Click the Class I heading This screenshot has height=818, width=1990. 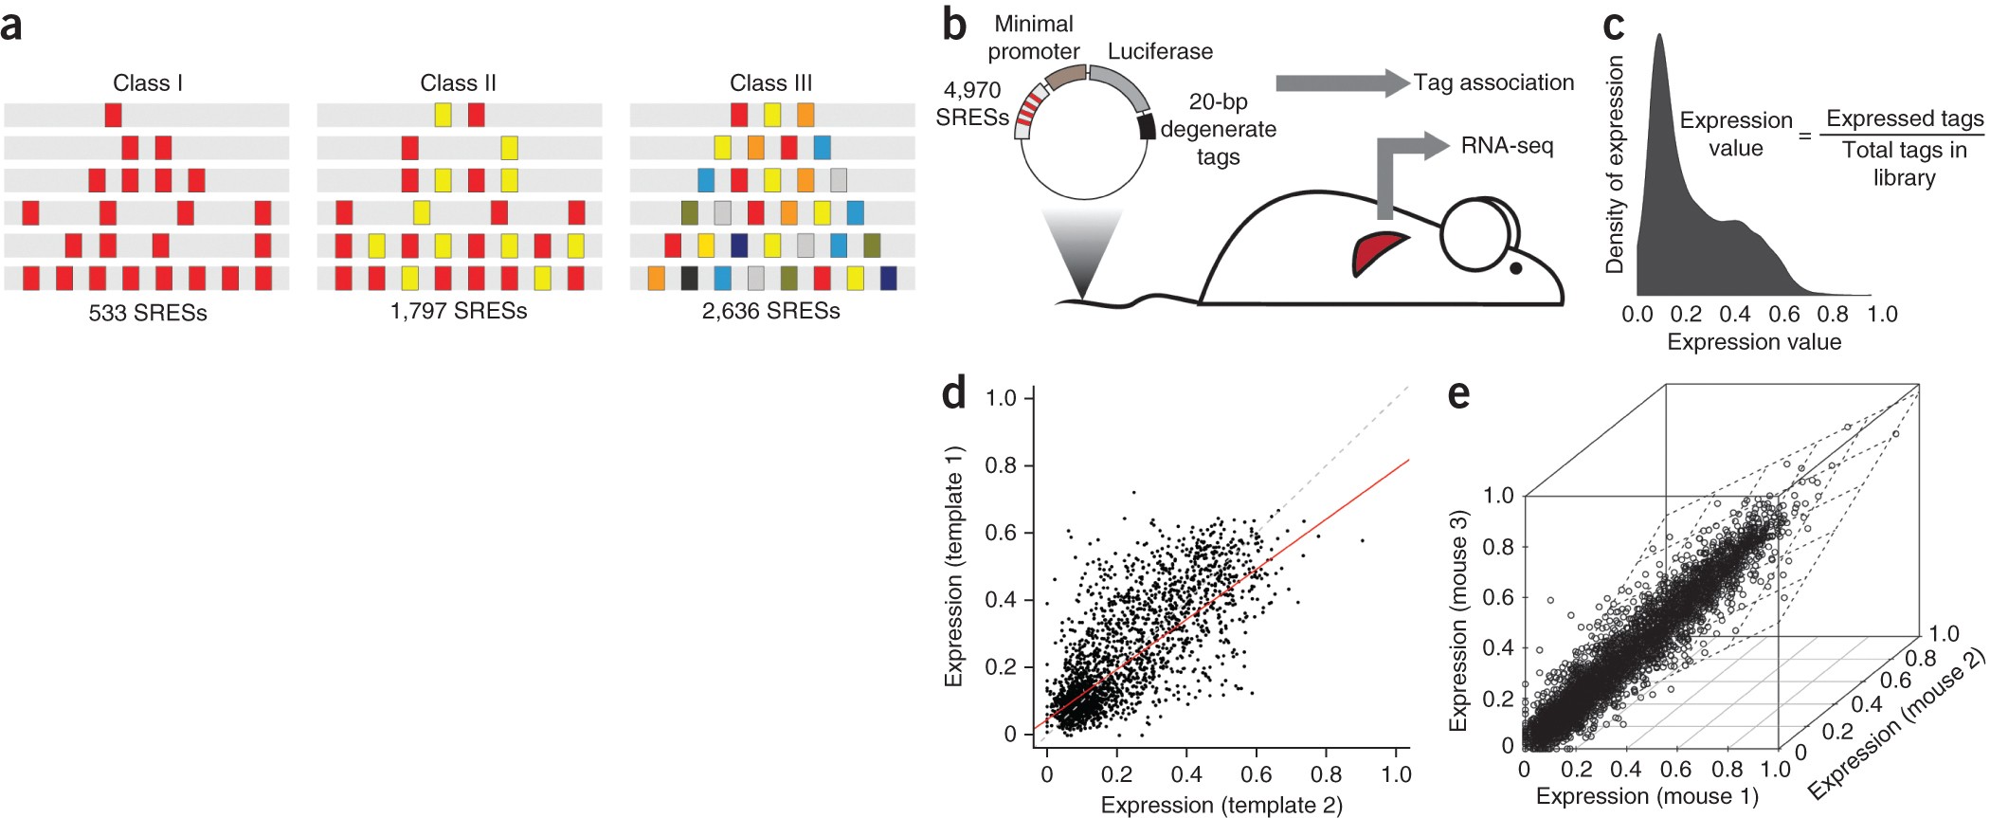(148, 83)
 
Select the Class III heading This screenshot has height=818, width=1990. (770, 83)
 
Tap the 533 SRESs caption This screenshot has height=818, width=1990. (148, 313)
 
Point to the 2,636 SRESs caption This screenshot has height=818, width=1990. (770, 311)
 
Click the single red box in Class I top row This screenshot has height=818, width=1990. (114, 116)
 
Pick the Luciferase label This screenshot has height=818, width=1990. (1160, 51)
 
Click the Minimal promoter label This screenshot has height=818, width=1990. (1034, 38)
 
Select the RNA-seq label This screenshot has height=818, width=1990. (1507, 146)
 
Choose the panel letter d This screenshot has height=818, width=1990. (954, 392)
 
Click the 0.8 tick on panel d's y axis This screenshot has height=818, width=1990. (1001, 465)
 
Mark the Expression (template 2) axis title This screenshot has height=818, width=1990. (1221, 805)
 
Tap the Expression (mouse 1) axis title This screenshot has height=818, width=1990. (1647, 796)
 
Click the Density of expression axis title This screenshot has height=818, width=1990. (1615, 165)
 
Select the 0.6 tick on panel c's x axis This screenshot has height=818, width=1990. (1783, 314)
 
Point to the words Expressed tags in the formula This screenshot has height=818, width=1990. (1905, 118)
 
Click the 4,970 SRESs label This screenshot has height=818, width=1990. (972, 104)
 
